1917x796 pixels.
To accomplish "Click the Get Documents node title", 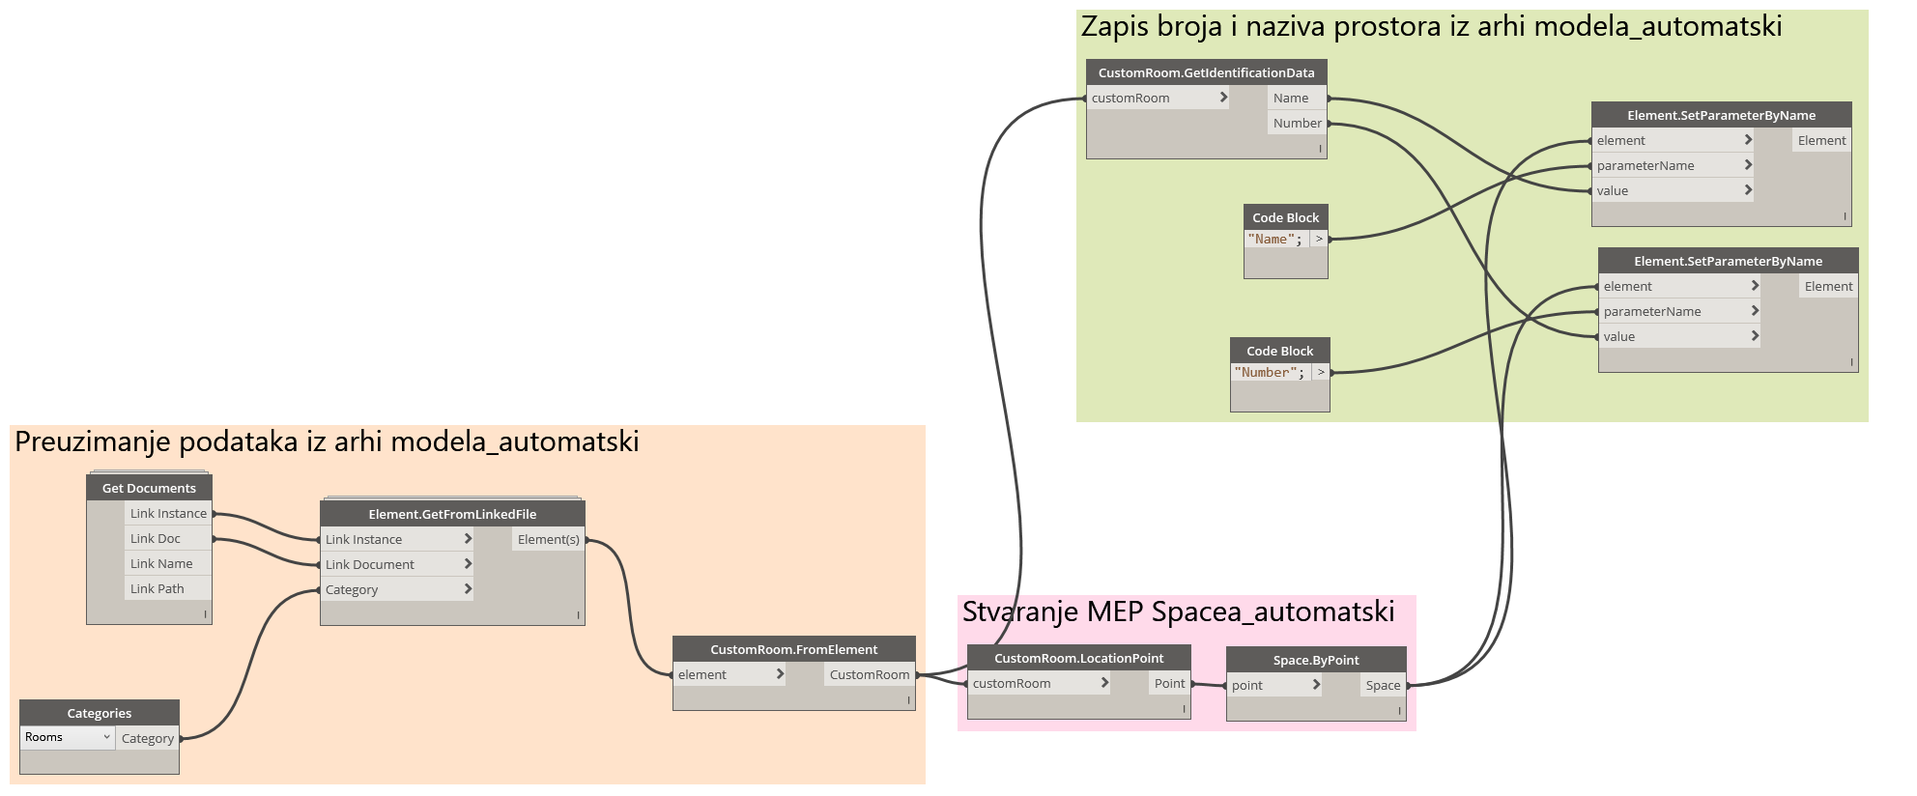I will point(149,488).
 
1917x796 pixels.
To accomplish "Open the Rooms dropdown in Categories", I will point(68,737).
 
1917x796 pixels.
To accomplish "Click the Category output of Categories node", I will point(148,738).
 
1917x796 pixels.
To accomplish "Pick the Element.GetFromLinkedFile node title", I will point(452,514).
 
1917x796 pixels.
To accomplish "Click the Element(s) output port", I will point(549,539).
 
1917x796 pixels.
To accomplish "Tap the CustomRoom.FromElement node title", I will point(793,649).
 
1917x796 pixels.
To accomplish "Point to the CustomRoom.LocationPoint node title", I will point(1078,658).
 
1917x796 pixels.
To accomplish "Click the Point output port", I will point(1169,683).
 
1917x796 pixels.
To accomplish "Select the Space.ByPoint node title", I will point(1316,660).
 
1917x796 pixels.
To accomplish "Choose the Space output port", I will point(1383,685).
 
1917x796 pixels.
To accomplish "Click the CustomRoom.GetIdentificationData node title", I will point(1206,72).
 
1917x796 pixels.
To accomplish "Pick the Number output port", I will point(1297,123).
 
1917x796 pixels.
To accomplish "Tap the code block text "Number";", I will point(1269,373).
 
